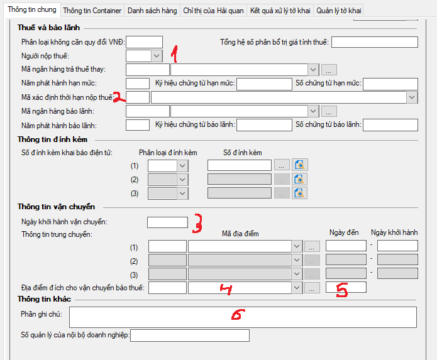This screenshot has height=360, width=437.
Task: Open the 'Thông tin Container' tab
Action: coord(92,11)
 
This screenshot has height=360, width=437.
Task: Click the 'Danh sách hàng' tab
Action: coord(152,11)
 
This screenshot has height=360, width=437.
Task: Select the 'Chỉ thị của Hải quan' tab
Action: coord(213,11)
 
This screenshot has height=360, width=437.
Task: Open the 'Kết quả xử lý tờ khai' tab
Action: coord(280,11)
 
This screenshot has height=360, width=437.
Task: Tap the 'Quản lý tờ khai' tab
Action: coord(339,11)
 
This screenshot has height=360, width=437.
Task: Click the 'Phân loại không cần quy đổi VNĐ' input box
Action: coord(144,42)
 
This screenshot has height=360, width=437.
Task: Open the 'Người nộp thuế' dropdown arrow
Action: coord(157,56)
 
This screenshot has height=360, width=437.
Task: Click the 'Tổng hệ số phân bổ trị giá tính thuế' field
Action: coord(375,42)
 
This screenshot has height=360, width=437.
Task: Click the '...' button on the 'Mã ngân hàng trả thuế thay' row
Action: coord(329,70)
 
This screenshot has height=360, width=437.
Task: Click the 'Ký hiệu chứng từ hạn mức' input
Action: coord(264,84)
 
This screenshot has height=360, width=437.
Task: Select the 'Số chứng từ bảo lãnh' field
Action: coord(390,125)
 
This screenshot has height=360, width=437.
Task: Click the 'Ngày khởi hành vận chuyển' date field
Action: coord(167,222)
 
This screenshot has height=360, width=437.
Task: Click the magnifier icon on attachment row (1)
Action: coord(299,165)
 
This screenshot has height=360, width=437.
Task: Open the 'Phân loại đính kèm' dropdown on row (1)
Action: coord(182,166)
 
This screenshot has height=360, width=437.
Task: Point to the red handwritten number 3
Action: coord(197,223)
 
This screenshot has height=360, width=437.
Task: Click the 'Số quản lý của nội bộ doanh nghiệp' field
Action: coord(190,335)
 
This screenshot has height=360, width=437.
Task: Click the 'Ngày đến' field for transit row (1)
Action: coord(346,246)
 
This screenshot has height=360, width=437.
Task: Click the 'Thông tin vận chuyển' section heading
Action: coord(57,207)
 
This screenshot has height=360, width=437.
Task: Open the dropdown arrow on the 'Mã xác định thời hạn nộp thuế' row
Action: coord(412,97)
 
